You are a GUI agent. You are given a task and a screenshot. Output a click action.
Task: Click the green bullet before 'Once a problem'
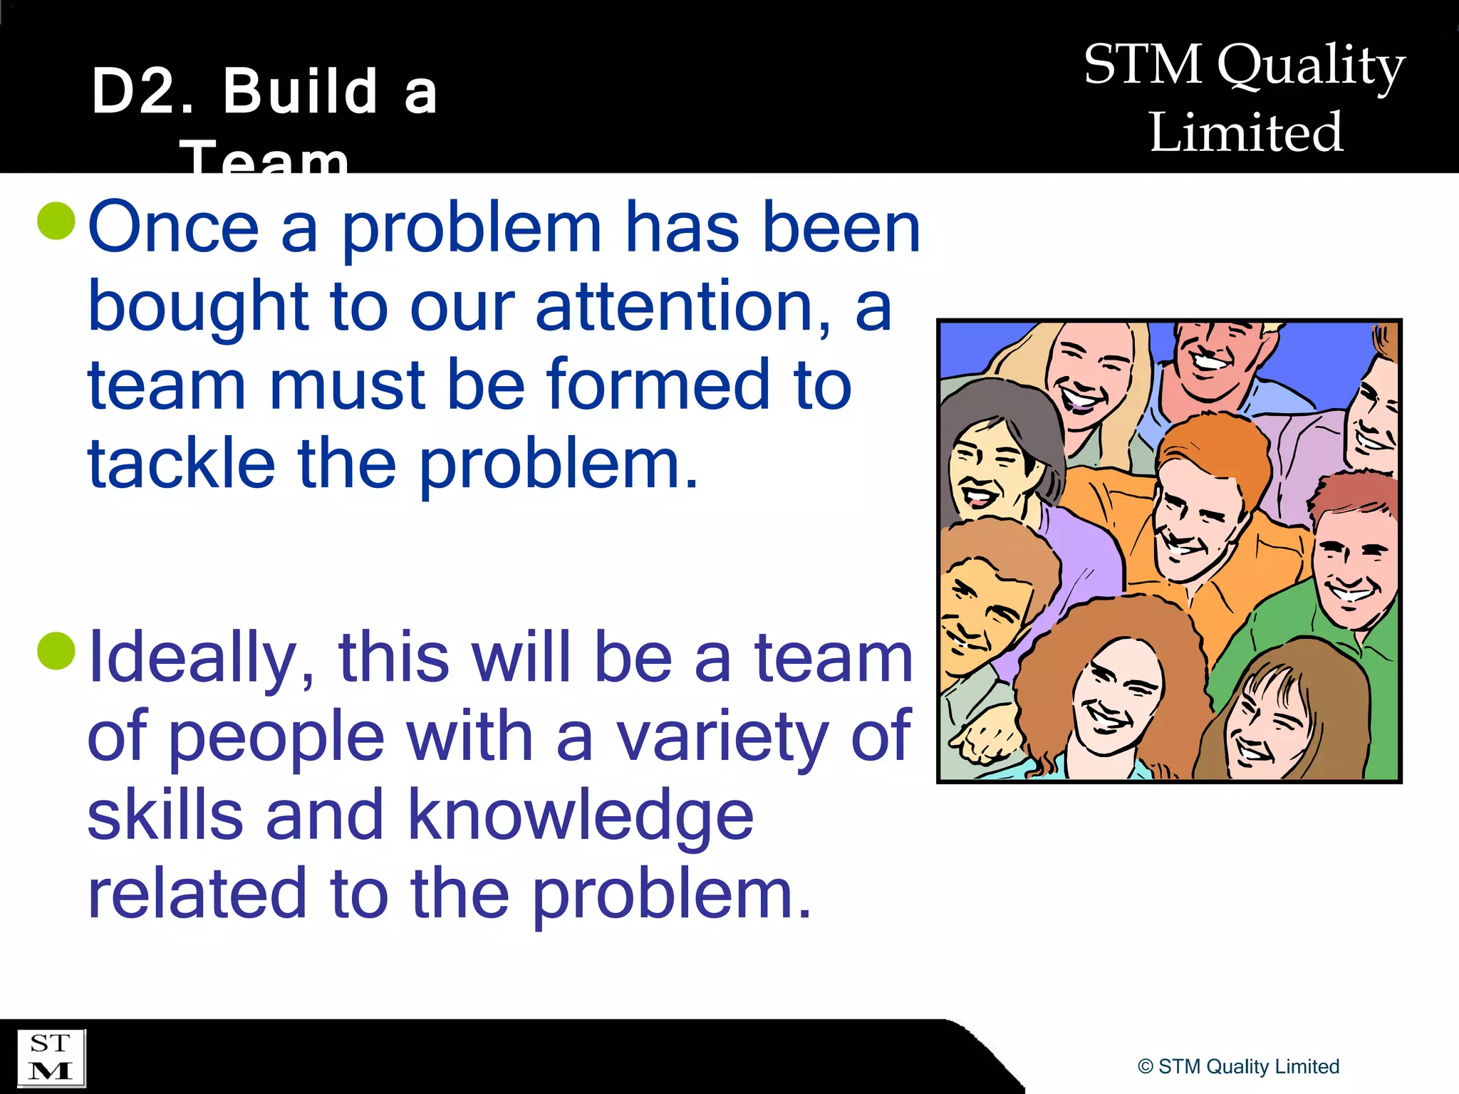(56, 221)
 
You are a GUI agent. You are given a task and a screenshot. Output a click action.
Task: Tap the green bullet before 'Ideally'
(56, 651)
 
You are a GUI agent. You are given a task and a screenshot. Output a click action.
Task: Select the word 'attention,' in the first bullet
(682, 307)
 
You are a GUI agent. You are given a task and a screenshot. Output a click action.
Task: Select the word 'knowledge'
(581, 816)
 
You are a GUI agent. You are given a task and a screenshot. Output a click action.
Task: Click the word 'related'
(197, 893)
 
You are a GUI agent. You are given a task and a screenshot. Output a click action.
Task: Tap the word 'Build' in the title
(300, 91)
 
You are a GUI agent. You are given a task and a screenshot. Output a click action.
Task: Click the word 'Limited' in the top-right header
(1246, 132)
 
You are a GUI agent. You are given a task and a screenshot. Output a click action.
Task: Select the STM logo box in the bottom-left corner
(51, 1058)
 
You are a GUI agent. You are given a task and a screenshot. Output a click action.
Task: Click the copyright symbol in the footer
(1145, 1066)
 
